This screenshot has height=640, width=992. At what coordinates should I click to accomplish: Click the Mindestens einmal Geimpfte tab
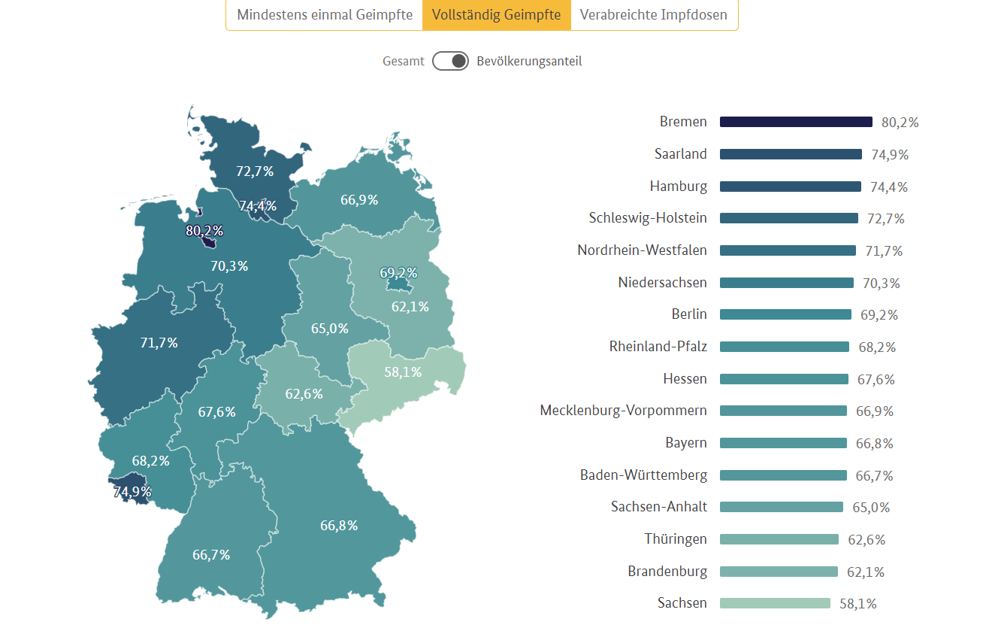325,15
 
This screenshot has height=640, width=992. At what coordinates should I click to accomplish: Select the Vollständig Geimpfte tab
496,15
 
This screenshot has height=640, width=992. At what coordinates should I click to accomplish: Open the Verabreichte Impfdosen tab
654,15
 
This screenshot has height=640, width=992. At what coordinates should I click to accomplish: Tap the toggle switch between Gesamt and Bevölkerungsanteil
450,61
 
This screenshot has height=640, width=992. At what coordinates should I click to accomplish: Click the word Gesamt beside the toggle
404,61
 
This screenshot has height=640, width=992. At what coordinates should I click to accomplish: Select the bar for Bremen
796,122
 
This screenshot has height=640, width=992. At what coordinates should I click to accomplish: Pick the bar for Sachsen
775,603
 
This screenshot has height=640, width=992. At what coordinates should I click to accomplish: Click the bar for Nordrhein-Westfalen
788,250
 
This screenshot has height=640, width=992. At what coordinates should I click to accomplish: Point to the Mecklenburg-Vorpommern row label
623,411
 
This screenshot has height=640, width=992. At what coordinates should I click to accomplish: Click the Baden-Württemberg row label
643,475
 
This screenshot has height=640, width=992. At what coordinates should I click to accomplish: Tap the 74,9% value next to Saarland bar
890,155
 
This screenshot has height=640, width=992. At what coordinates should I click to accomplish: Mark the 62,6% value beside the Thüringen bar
866,540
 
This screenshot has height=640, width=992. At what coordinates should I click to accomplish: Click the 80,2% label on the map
204,231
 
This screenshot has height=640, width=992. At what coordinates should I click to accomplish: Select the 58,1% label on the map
402,372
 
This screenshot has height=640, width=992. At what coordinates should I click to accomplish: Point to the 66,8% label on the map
339,526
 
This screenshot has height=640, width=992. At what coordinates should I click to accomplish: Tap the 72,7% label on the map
255,171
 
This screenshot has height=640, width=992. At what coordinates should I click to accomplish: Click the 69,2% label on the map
398,272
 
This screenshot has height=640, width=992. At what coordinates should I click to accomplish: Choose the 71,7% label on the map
159,343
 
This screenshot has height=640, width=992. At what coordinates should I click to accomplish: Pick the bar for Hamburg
790,187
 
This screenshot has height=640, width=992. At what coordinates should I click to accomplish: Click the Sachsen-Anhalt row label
659,507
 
